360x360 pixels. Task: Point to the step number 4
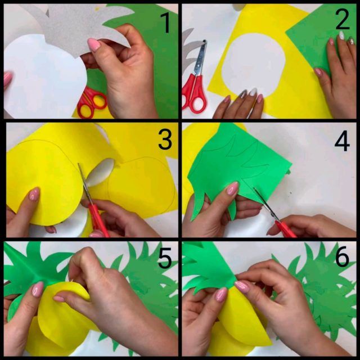pyautogui.click(x=342, y=141)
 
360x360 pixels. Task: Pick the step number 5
pyautogui.click(x=165, y=258)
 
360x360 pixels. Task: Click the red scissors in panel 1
pyautogui.click(x=92, y=101)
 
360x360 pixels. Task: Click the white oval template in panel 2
pyautogui.click(x=254, y=65)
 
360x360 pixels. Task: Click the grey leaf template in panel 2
pyautogui.click(x=191, y=51)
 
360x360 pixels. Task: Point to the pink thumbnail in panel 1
pyautogui.click(x=94, y=44)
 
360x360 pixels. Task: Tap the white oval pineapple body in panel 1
pyautogui.click(x=44, y=74)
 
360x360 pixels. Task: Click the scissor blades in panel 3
pyautogui.click(x=84, y=184)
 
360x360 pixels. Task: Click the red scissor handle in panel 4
pyautogui.click(x=286, y=229)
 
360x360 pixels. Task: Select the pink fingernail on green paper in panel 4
pyautogui.click(x=232, y=188)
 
